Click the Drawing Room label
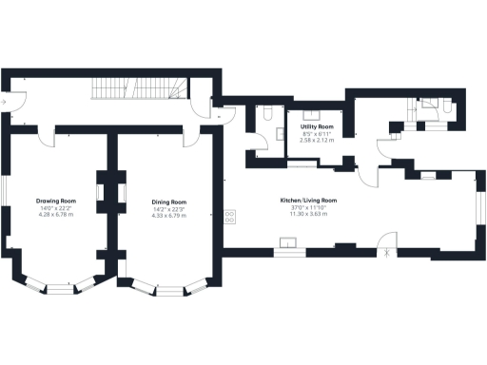(x=55, y=202)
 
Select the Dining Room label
(x=168, y=202)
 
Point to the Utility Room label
(x=317, y=126)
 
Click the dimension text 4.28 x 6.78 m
(x=55, y=216)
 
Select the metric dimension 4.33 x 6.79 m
(x=168, y=216)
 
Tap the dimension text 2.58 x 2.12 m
(x=317, y=140)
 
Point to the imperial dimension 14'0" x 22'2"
(x=55, y=209)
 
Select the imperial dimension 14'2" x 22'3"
(x=168, y=209)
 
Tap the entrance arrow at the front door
(x=6, y=99)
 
